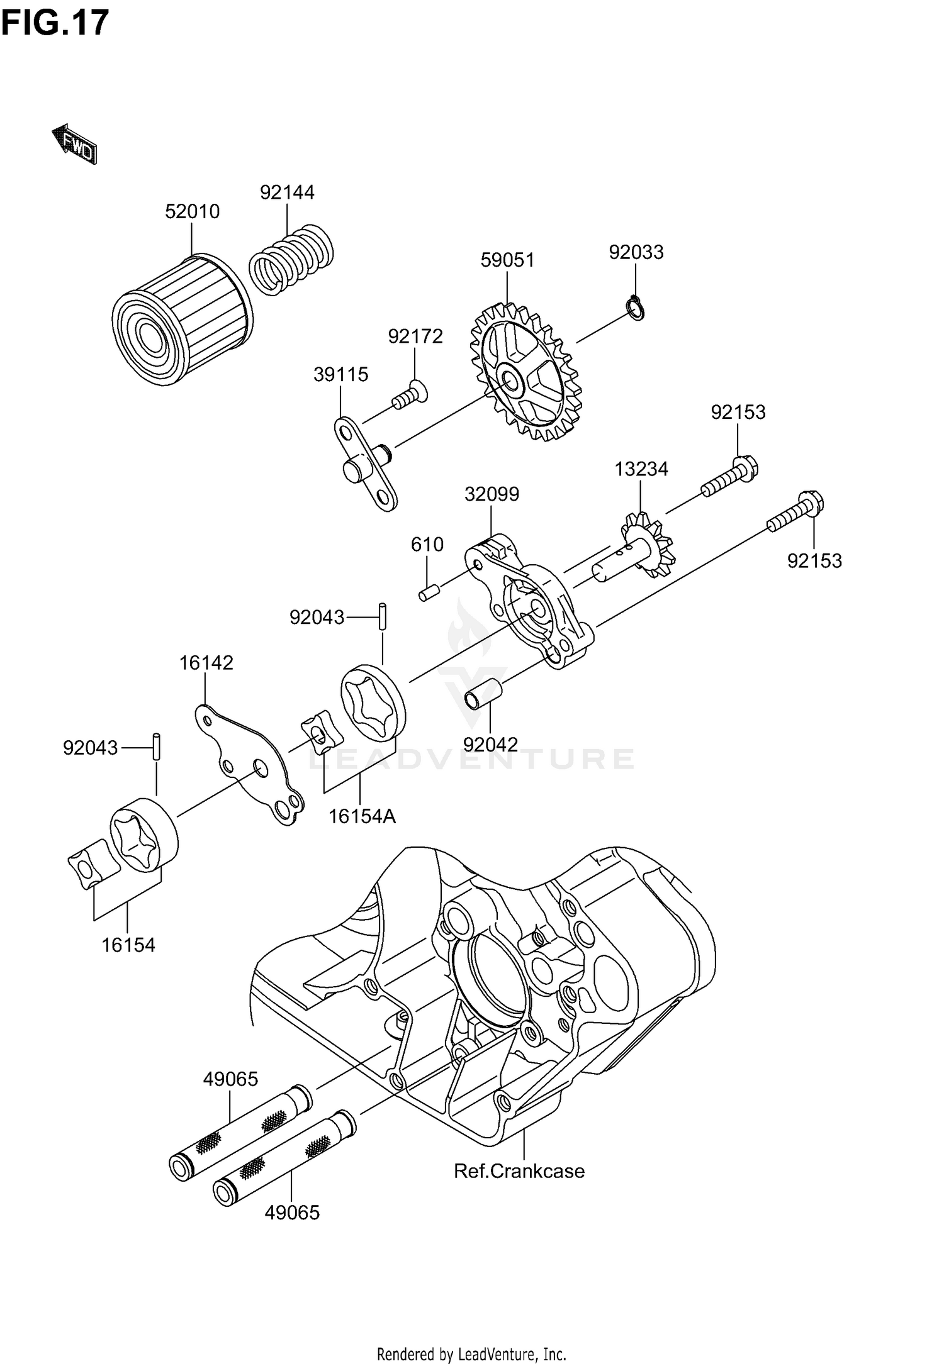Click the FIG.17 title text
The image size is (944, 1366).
tap(55, 24)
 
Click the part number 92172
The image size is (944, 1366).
tap(415, 336)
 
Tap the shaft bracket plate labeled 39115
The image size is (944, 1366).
tap(366, 465)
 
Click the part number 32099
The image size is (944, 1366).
tap(492, 494)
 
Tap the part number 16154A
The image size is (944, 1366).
tap(362, 816)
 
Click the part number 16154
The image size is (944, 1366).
tap(128, 945)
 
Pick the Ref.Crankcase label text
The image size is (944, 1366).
tap(519, 1171)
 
